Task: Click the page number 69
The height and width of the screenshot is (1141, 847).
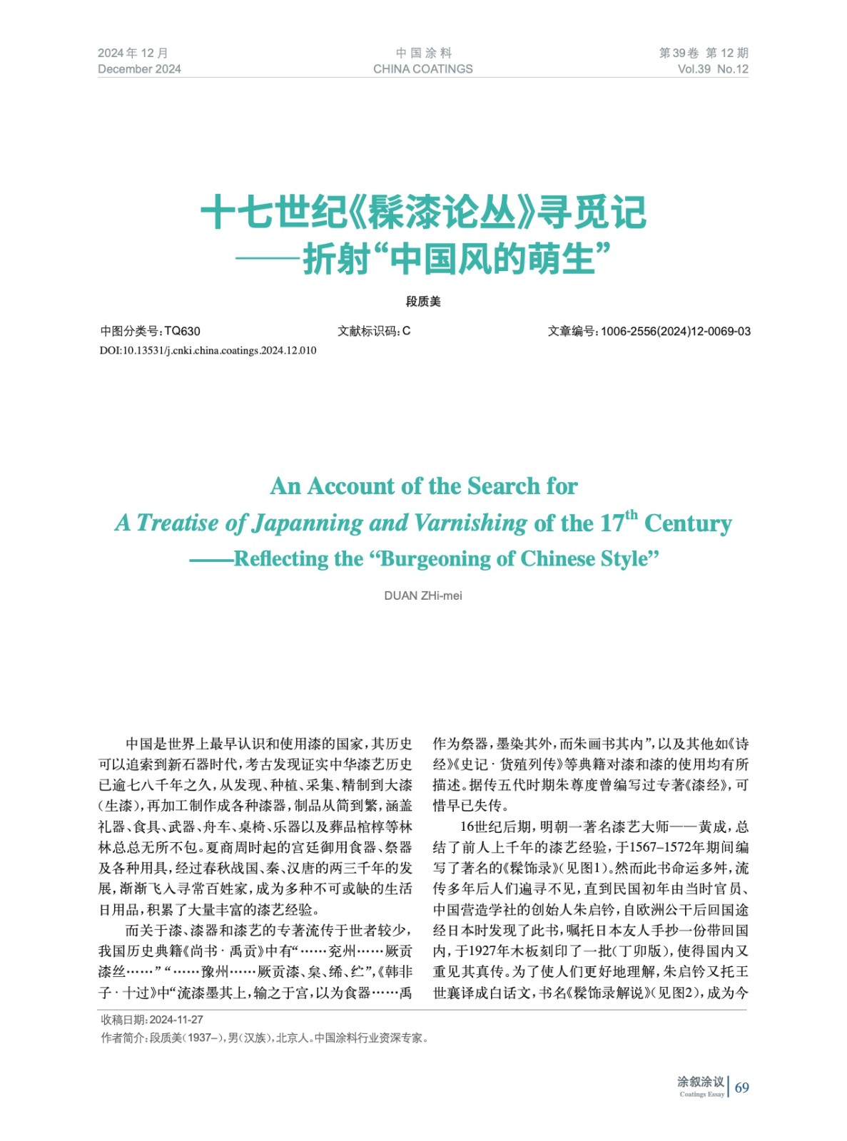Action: point(741,1088)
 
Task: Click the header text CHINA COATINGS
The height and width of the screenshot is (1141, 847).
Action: point(422,69)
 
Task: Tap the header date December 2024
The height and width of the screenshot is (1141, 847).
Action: point(139,69)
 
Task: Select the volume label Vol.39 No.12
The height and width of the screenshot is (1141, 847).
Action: point(712,69)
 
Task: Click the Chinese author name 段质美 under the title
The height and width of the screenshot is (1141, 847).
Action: point(423,302)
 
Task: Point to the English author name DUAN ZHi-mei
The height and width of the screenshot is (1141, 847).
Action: point(422,595)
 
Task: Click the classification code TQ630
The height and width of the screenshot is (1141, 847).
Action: point(182,331)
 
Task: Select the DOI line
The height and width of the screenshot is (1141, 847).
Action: point(208,350)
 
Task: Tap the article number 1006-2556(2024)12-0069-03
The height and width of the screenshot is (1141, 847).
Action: point(675,331)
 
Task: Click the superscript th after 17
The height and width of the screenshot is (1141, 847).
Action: point(632,514)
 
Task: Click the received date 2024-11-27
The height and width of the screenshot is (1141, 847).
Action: point(176,1020)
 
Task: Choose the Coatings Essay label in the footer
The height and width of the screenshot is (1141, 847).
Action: point(701,1094)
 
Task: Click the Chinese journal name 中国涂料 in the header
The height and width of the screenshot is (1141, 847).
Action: point(423,53)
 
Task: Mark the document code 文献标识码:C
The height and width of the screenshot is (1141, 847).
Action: point(374,331)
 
